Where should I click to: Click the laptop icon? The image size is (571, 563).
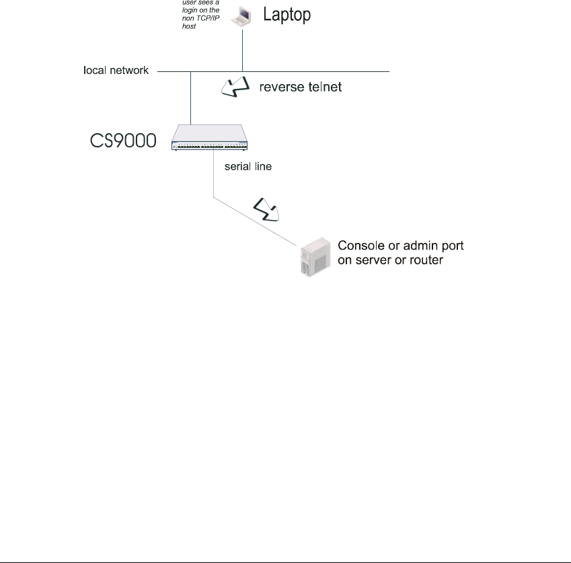pyautogui.click(x=240, y=15)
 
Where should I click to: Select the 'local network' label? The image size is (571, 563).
pyautogui.click(x=116, y=70)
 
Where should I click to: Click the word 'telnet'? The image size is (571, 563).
pyautogui.click(x=326, y=87)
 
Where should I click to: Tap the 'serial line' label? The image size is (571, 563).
pyautogui.click(x=249, y=166)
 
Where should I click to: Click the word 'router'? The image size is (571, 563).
pyautogui.click(x=426, y=260)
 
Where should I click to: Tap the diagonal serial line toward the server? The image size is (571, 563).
pyautogui.click(x=256, y=221)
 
